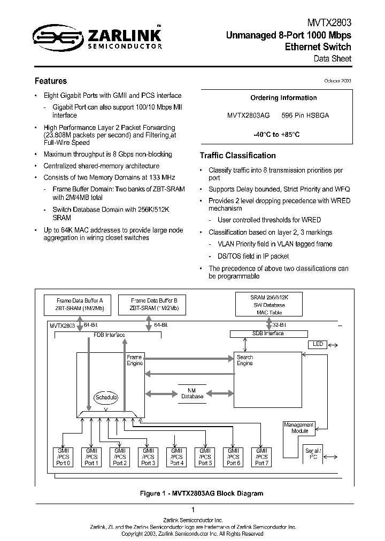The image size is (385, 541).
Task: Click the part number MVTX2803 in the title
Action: click(329, 24)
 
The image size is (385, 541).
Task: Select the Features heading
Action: click(51, 81)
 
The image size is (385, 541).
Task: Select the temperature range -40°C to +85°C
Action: click(276, 135)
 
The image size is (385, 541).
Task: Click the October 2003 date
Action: click(337, 80)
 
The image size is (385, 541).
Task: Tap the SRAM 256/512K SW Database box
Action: click(269, 304)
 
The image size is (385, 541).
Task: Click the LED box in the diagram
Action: click(318, 344)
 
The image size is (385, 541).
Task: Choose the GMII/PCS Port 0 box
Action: click(63, 457)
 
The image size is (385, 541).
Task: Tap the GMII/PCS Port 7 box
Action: click(261, 457)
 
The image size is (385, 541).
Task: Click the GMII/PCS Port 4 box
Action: click(176, 457)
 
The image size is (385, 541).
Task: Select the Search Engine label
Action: click(244, 360)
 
